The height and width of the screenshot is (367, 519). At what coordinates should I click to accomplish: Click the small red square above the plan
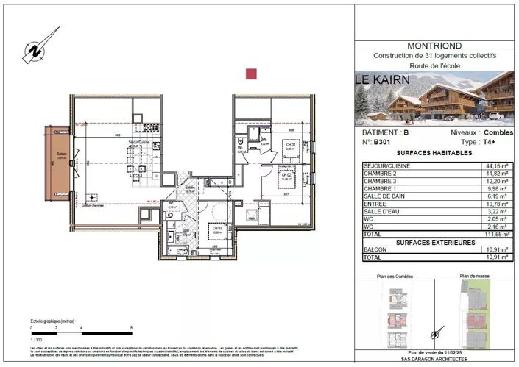point(251,74)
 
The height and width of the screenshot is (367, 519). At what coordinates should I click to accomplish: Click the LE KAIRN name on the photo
point(378,79)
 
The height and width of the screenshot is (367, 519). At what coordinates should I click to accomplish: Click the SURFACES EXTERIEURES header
point(434,241)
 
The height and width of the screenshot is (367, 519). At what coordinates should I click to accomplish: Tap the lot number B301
point(382,141)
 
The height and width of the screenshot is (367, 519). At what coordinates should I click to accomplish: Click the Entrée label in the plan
point(189,188)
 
